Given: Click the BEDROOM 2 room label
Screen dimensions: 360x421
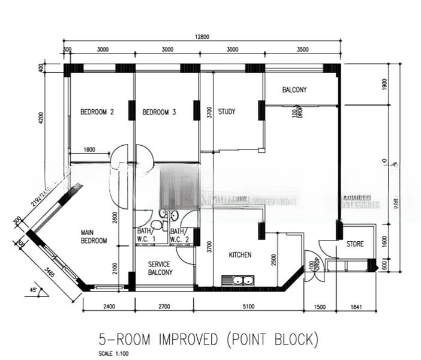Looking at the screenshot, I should coord(97,112).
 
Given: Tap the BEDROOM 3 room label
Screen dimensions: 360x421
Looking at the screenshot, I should coord(159,112).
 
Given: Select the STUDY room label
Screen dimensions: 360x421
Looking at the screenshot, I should coord(227,112).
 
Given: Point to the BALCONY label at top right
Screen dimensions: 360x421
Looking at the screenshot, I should coord(294,90).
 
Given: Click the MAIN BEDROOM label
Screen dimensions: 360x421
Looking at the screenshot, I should coord(94,236).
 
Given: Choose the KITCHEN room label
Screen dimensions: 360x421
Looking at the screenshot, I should coord(240,255).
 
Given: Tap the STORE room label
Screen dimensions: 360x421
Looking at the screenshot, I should coord(354,244).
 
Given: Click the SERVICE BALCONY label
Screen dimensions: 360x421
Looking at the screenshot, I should coord(159,268).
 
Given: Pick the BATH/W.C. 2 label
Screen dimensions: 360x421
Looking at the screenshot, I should coord(178,236).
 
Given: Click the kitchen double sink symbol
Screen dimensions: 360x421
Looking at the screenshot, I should coord(238,280).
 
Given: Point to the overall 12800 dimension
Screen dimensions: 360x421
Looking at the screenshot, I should coord(202,37).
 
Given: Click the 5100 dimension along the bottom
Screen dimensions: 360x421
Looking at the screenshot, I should coord(248,307).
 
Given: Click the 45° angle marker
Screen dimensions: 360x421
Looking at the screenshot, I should coord(35,291).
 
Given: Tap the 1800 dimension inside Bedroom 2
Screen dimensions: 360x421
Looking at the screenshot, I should coord(89,150).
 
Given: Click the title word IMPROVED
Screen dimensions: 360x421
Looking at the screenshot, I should coord(187,340).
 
